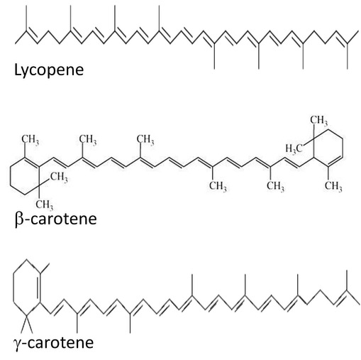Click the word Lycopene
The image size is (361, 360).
[49, 70]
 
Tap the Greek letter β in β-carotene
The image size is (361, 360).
[18, 219]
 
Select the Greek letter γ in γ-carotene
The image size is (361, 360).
[18, 344]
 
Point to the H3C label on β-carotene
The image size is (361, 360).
[294, 148]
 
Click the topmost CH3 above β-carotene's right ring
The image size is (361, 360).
[319, 120]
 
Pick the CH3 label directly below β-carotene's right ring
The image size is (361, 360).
[333, 186]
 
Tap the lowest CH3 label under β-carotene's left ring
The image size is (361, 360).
[45, 204]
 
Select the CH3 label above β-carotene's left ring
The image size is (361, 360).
[30, 140]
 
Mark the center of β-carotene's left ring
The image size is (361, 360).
[25, 176]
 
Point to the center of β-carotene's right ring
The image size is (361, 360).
[328, 148]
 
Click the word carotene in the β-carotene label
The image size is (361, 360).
[63, 219]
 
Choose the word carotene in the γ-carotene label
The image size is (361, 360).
[61, 343]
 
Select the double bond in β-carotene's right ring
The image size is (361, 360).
[335, 161]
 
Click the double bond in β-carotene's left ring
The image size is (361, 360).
[32, 162]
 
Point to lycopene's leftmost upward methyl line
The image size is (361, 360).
[26, 18]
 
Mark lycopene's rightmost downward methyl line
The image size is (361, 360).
[348, 56]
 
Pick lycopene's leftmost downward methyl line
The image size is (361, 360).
[214, 56]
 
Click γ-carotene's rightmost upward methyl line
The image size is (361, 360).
[347, 280]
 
